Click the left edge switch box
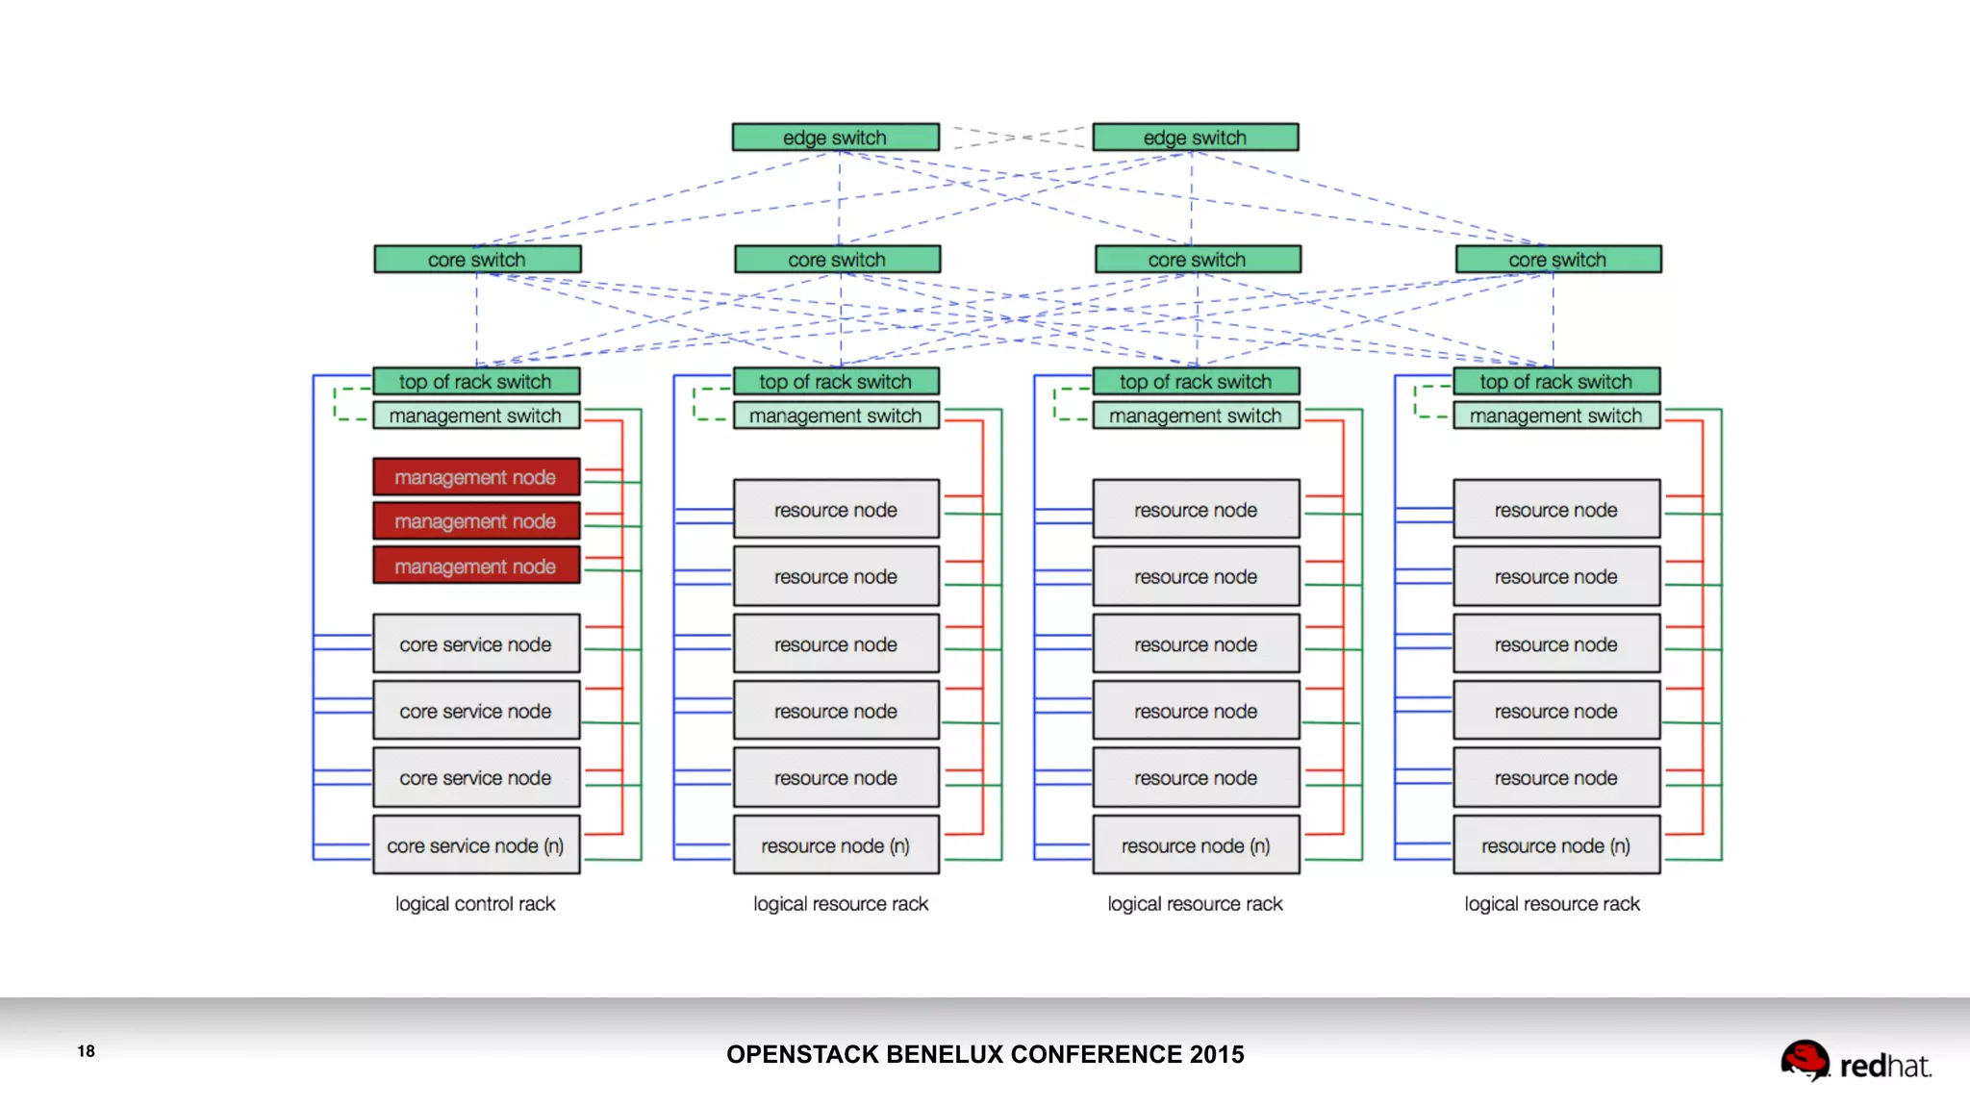tap(835, 138)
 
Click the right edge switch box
tap(1195, 138)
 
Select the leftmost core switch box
tap(477, 260)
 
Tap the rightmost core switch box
tap(1557, 260)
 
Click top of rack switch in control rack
tap(476, 382)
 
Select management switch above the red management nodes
tap(476, 415)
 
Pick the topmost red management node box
tap(476, 477)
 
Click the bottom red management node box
tap(476, 567)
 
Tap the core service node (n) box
tap(476, 845)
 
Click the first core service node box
tap(476, 644)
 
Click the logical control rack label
tap(475, 904)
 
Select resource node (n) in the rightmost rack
tap(1555, 845)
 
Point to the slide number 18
tap(87, 1051)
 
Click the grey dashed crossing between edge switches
tap(1016, 138)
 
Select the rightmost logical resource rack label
tap(1552, 904)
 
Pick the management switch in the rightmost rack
tap(1555, 415)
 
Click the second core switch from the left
tap(837, 260)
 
